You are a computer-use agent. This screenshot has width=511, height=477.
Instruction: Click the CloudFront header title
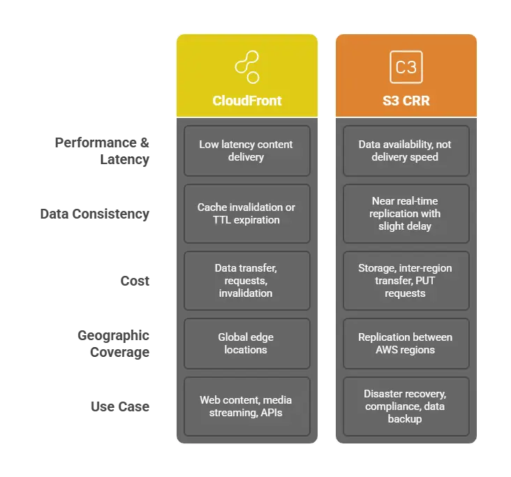[247, 101]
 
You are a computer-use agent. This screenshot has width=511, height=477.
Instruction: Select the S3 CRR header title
[406, 101]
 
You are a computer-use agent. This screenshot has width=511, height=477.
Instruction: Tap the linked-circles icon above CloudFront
[247, 67]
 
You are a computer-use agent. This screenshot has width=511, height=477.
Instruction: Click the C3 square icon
[406, 67]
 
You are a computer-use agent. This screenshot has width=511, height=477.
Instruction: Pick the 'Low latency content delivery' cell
[246, 151]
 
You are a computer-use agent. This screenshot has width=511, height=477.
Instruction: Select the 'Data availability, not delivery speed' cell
[406, 151]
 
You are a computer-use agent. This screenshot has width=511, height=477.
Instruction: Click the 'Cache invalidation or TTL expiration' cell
[246, 214]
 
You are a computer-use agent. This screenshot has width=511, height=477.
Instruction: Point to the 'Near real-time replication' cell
[406, 214]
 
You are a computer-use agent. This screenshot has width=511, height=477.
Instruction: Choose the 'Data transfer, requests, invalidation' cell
[246, 280]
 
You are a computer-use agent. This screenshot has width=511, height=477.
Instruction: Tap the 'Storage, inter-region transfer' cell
[406, 280]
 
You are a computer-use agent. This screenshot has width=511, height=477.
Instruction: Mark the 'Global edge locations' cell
[246, 343]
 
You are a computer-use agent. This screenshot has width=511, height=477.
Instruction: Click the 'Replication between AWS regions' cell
[406, 343]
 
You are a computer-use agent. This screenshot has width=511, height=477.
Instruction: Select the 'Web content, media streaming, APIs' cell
[246, 406]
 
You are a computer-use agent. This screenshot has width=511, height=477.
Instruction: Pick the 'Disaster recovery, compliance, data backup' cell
[406, 406]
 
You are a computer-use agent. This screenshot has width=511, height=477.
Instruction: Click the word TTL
[223, 220]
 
